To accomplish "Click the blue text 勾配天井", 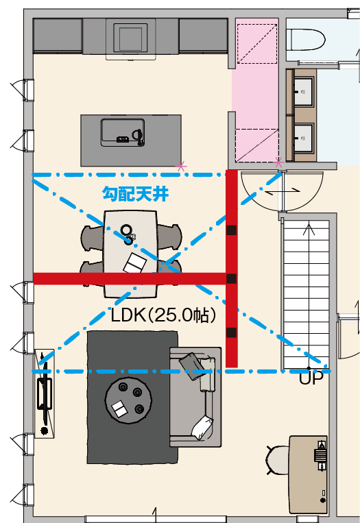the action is coord(135,194).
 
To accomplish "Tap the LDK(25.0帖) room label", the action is coord(163,315).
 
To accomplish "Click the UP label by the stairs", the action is coord(311,378).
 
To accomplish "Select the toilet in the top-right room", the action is coord(306,40).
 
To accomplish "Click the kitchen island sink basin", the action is coord(123,132).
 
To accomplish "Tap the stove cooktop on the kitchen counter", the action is coord(131,37).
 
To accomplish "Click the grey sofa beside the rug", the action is coord(195,397).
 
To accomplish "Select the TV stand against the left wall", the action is coord(45,393).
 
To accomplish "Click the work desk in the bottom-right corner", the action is coord(308,474).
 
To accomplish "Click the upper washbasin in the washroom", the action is coord(303,92).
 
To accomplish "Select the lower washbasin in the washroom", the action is coord(303,138).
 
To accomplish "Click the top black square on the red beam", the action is coord(232,230).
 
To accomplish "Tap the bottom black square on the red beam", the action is coord(232,332).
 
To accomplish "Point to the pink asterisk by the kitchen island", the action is coord(181,166).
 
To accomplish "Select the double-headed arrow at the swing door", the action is coord(283,191).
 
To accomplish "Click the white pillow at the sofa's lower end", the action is coord(202,428).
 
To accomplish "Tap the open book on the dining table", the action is coord(135,263).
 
